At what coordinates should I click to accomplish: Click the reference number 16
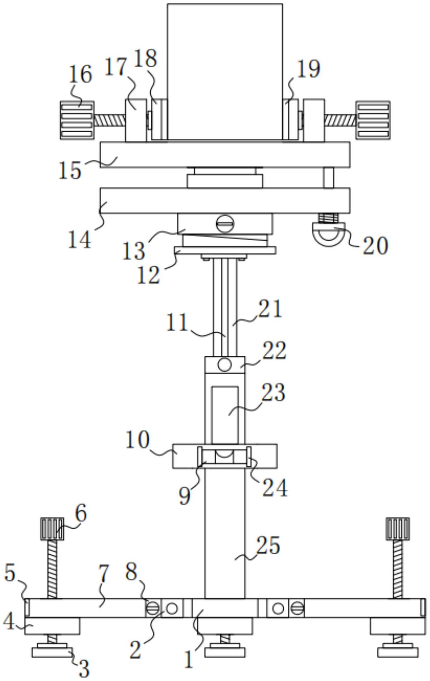[x=80, y=74]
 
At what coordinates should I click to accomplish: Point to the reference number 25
[x=268, y=546]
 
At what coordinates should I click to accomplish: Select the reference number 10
[x=137, y=439]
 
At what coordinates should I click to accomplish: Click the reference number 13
[x=134, y=250]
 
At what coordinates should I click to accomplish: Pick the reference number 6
[x=81, y=513]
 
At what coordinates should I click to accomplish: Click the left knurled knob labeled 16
[x=77, y=120]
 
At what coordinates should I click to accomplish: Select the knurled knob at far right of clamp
[x=373, y=120]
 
